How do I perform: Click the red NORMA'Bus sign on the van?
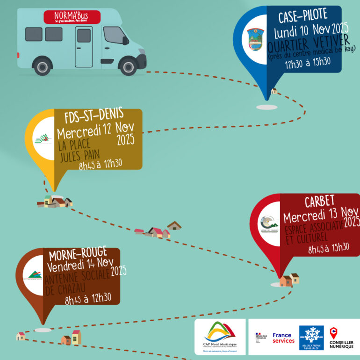[72, 17]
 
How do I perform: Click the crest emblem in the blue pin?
[256, 40]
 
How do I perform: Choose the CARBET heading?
[320, 202]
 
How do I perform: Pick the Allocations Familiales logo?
[311, 338]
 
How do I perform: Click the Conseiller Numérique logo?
[341, 338]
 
